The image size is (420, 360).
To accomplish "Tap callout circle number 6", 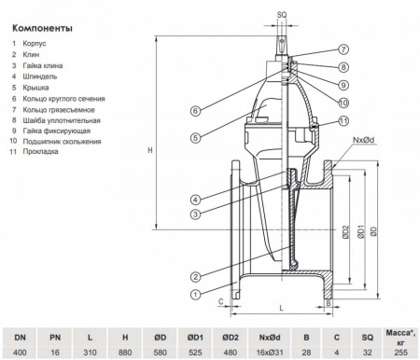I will [195, 111].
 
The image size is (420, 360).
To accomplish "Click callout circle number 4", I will [195, 199].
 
